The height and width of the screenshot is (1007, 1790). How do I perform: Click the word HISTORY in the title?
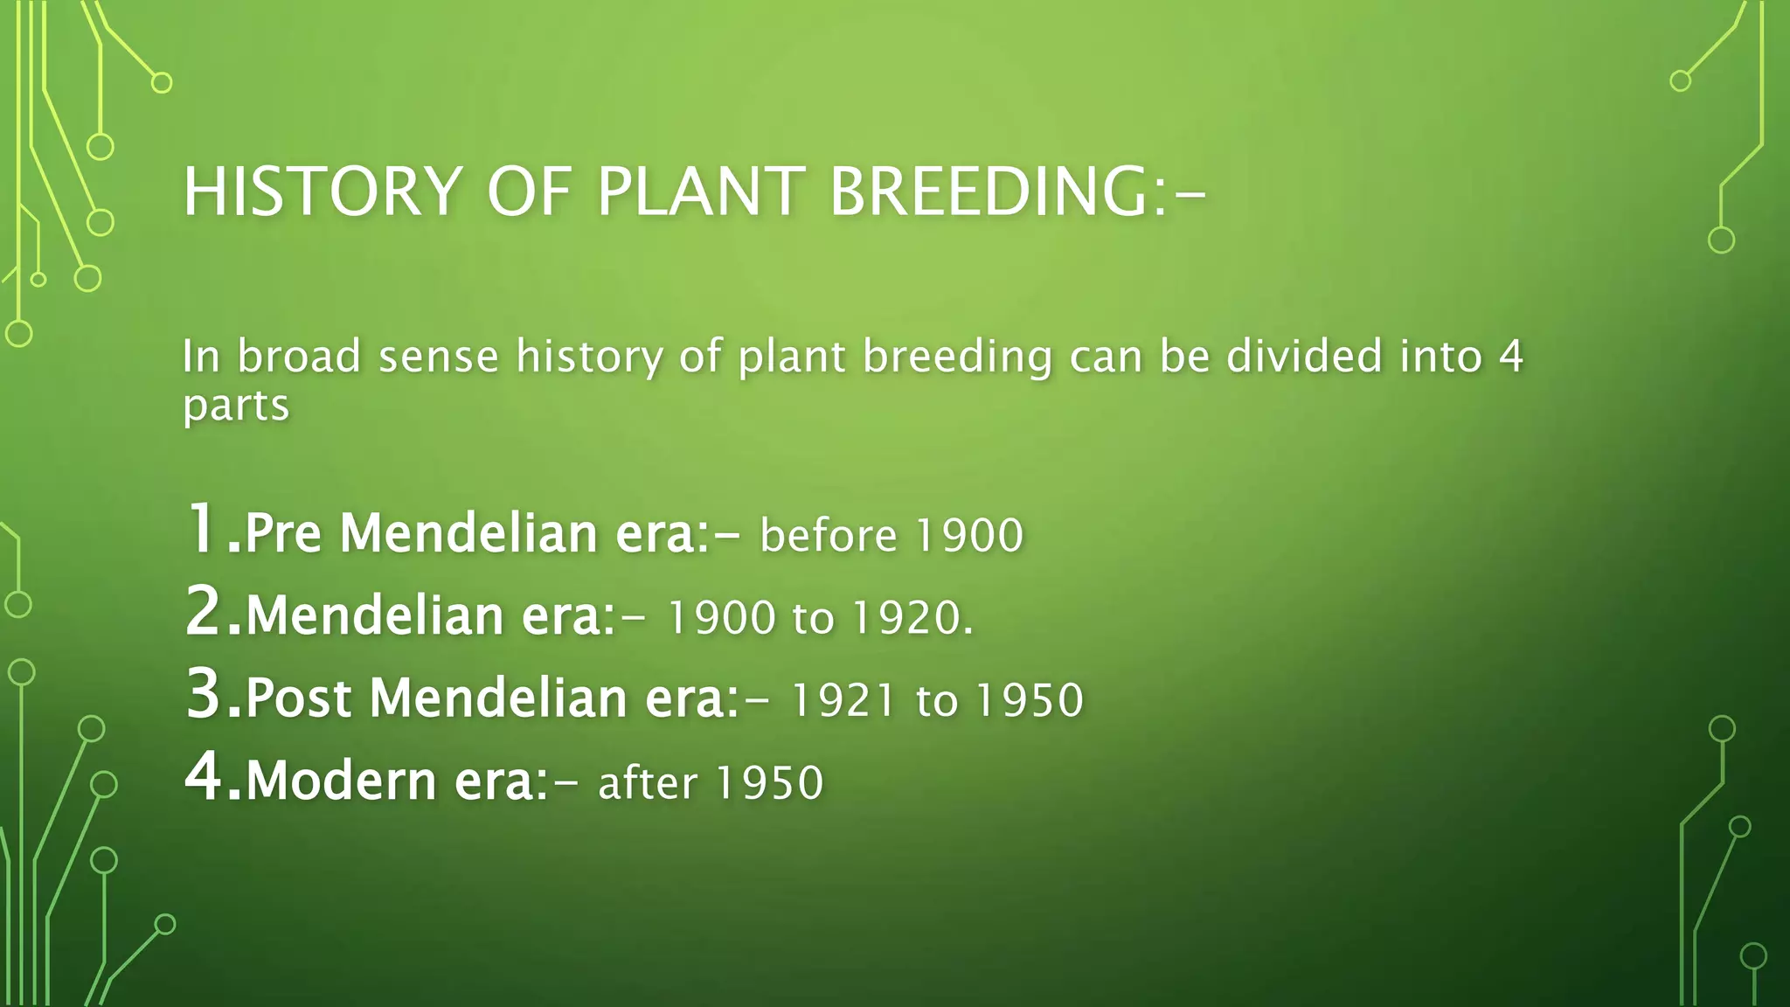coord(322,191)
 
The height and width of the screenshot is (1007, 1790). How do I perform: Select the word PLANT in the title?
coord(700,191)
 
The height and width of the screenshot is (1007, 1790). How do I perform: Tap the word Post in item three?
coord(298,698)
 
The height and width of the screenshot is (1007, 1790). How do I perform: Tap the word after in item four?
coord(648,782)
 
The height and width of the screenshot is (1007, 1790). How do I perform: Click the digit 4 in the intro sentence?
coord(1510,357)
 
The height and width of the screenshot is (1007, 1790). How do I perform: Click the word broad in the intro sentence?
coord(299,357)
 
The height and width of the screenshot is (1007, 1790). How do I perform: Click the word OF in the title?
coord(529,191)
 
